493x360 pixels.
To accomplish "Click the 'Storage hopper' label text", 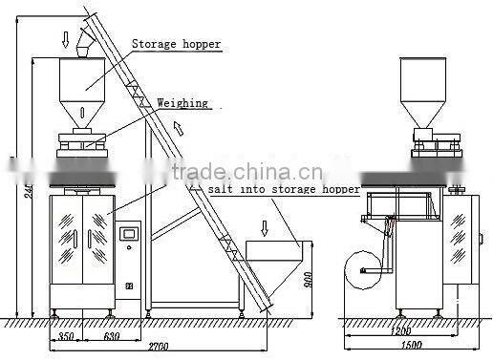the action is coord(176,45).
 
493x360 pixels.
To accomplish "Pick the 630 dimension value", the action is coord(112,335).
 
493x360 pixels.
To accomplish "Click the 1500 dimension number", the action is coord(412,349).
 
